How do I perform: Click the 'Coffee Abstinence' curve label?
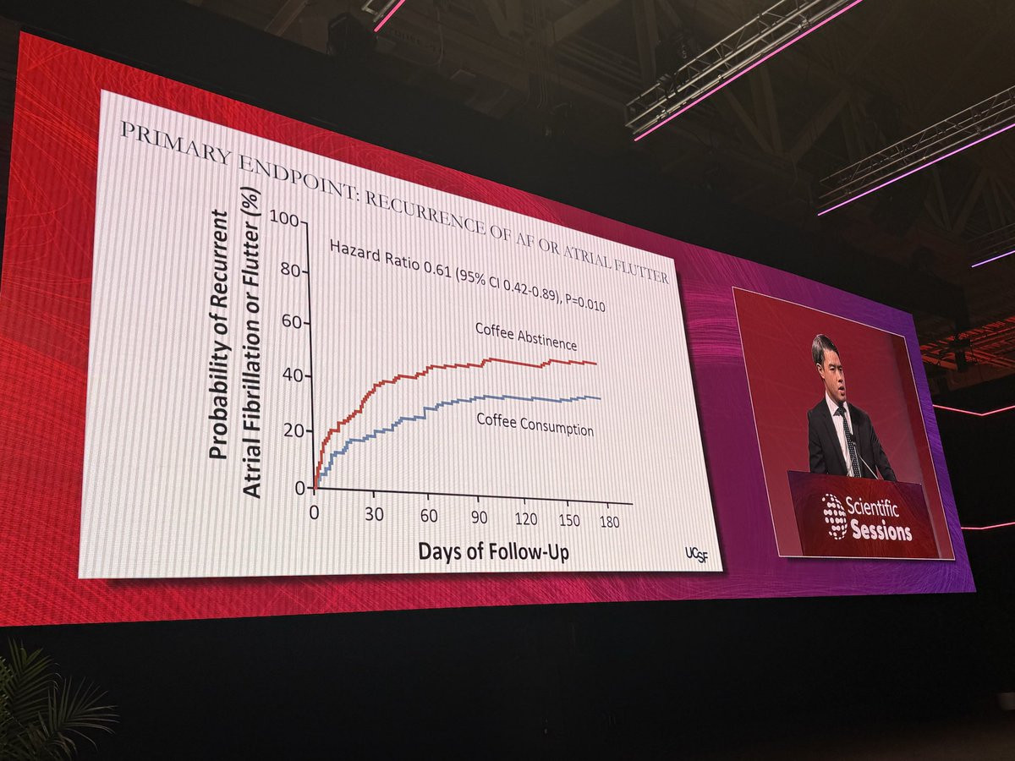[525, 336]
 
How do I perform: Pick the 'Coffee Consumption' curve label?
[535, 424]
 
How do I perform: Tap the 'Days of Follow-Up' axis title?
[492, 551]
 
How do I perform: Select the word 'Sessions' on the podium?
[881, 532]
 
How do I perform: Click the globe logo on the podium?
[835, 516]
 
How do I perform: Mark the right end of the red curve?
[595, 364]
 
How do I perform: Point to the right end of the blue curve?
[600, 397]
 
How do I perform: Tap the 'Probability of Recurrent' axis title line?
[218, 334]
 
